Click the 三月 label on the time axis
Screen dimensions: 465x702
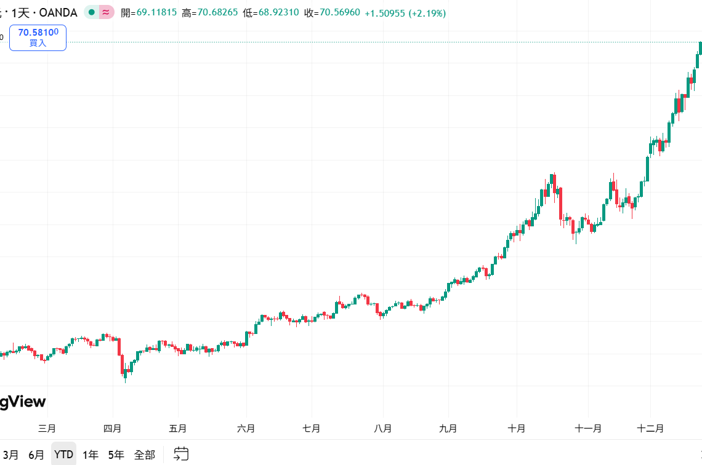[47, 428]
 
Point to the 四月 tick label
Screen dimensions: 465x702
[113, 428]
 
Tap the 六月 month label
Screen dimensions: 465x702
[246, 428]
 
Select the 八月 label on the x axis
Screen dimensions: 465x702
[382, 428]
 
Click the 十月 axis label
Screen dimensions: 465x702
[517, 428]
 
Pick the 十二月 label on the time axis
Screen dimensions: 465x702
[650, 428]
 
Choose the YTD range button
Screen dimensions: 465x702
[63, 455]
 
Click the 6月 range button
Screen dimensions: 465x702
[36, 455]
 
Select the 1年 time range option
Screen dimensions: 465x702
[91, 455]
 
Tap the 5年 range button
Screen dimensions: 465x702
[116, 455]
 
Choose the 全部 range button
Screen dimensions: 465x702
[145, 455]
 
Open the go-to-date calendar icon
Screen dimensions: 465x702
[181, 455]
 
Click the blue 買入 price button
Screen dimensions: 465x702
[38, 38]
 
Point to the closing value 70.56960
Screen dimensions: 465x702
[339, 12]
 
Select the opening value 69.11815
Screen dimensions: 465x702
[156, 12]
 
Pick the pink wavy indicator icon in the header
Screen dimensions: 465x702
[106, 12]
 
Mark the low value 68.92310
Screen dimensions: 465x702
[278, 12]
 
